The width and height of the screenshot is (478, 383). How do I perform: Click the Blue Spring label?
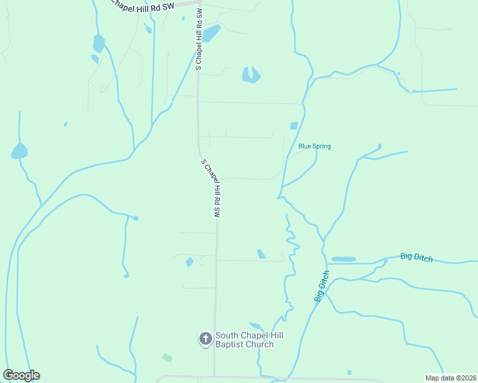314,146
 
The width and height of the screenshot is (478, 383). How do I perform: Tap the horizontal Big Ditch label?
417,257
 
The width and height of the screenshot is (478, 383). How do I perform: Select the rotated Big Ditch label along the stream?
322,286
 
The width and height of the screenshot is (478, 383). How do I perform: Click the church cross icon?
206,339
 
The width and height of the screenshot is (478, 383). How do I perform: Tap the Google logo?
21,375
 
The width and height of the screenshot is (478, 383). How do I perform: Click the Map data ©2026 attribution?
451,378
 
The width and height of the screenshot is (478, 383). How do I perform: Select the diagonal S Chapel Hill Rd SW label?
212,189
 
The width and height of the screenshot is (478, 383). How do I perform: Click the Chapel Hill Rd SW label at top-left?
142,6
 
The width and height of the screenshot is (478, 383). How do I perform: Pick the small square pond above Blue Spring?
294,126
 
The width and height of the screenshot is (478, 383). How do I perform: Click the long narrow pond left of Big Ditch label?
344,259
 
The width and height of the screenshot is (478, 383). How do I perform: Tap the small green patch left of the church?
167,357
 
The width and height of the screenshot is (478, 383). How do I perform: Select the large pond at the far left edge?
19,151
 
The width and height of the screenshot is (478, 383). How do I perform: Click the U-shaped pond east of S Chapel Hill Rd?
251,76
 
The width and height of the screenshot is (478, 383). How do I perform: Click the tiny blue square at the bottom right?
350,372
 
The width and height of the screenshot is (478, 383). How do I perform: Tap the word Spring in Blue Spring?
322,146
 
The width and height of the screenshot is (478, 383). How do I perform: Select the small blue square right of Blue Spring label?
380,146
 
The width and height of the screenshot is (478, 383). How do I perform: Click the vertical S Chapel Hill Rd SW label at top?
199,40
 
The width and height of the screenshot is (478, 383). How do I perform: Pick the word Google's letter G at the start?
9,375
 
